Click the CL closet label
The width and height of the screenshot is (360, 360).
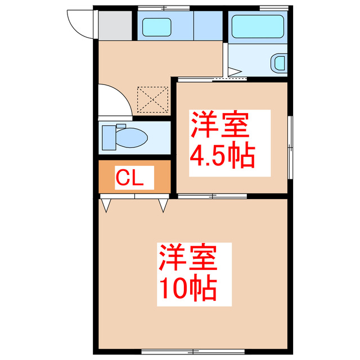click(x=131, y=178)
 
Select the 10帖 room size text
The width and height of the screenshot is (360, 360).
click(x=187, y=289)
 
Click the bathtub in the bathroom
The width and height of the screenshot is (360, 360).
click(x=258, y=26)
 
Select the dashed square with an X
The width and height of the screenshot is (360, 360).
click(x=153, y=99)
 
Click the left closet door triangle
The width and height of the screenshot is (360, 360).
click(x=106, y=205)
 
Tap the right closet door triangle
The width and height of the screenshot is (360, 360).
click(x=163, y=205)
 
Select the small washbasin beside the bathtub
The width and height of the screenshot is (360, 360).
click(x=279, y=62)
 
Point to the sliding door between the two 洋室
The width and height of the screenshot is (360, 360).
click(x=213, y=196)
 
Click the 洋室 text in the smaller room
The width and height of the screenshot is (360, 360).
click(x=219, y=125)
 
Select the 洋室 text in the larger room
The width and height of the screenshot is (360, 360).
click(x=187, y=259)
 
